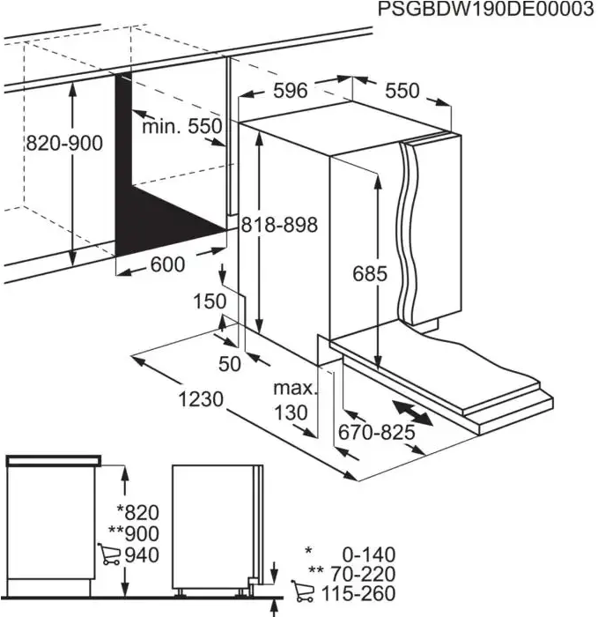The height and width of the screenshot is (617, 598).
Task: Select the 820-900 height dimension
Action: pyautogui.click(x=63, y=143)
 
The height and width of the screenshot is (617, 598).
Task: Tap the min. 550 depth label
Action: pyautogui.click(x=182, y=127)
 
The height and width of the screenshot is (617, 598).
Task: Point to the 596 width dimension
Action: pyautogui.click(x=289, y=91)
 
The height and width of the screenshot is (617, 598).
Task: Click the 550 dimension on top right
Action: pyautogui.click(x=402, y=91)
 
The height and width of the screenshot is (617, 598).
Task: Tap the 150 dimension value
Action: pyautogui.click(x=210, y=301)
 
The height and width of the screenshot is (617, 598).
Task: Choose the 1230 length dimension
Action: pyautogui.click(x=202, y=399)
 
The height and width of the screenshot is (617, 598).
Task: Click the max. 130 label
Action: pyautogui.click(x=292, y=400)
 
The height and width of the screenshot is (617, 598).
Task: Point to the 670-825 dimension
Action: pyautogui.click(x=376, y=433)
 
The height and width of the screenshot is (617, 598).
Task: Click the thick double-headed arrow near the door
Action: pyautogui.click(x=413, y=413)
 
